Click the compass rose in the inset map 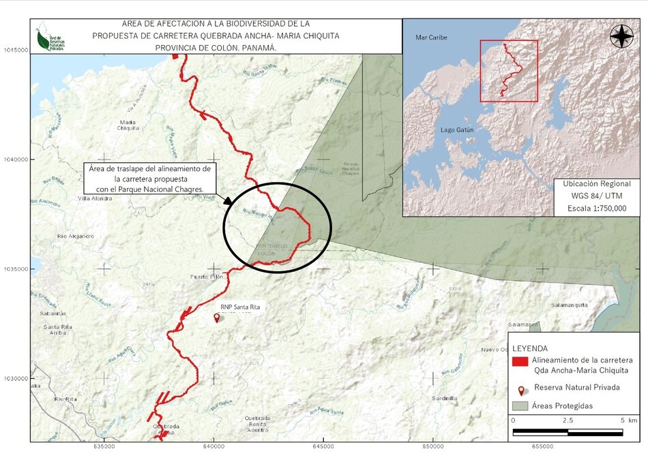tap(621, 36)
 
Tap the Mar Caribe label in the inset tap(431, 37)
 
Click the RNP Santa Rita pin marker tap(217, 318)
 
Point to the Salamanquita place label tap(569, 305)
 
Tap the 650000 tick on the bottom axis tap(432, 446)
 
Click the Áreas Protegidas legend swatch tap(521, 406)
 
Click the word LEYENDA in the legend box tap(530, 348)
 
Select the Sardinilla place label tap(444, 398)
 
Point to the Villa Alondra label tap(95, 198)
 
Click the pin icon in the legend tap(521, 391)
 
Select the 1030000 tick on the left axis tap(15, 378)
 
